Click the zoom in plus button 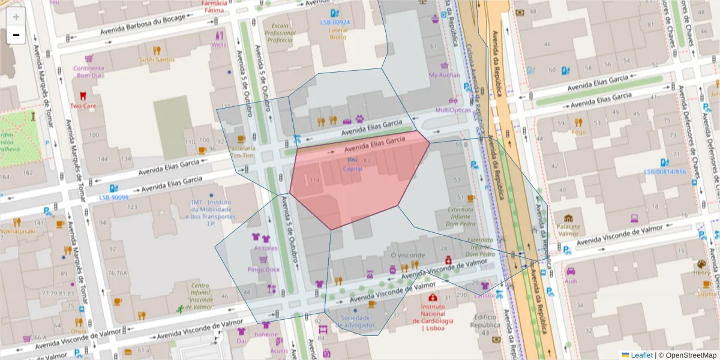16,17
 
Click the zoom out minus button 16,35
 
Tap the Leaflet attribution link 641,355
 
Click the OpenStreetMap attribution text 691,355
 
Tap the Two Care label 83,106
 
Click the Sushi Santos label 157,59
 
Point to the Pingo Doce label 263,269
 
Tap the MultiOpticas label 452,110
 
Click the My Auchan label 445,75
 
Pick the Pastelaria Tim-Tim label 242,151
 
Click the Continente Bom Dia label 89,72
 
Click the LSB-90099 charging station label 114,197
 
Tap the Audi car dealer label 571,281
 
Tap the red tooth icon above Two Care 83,95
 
